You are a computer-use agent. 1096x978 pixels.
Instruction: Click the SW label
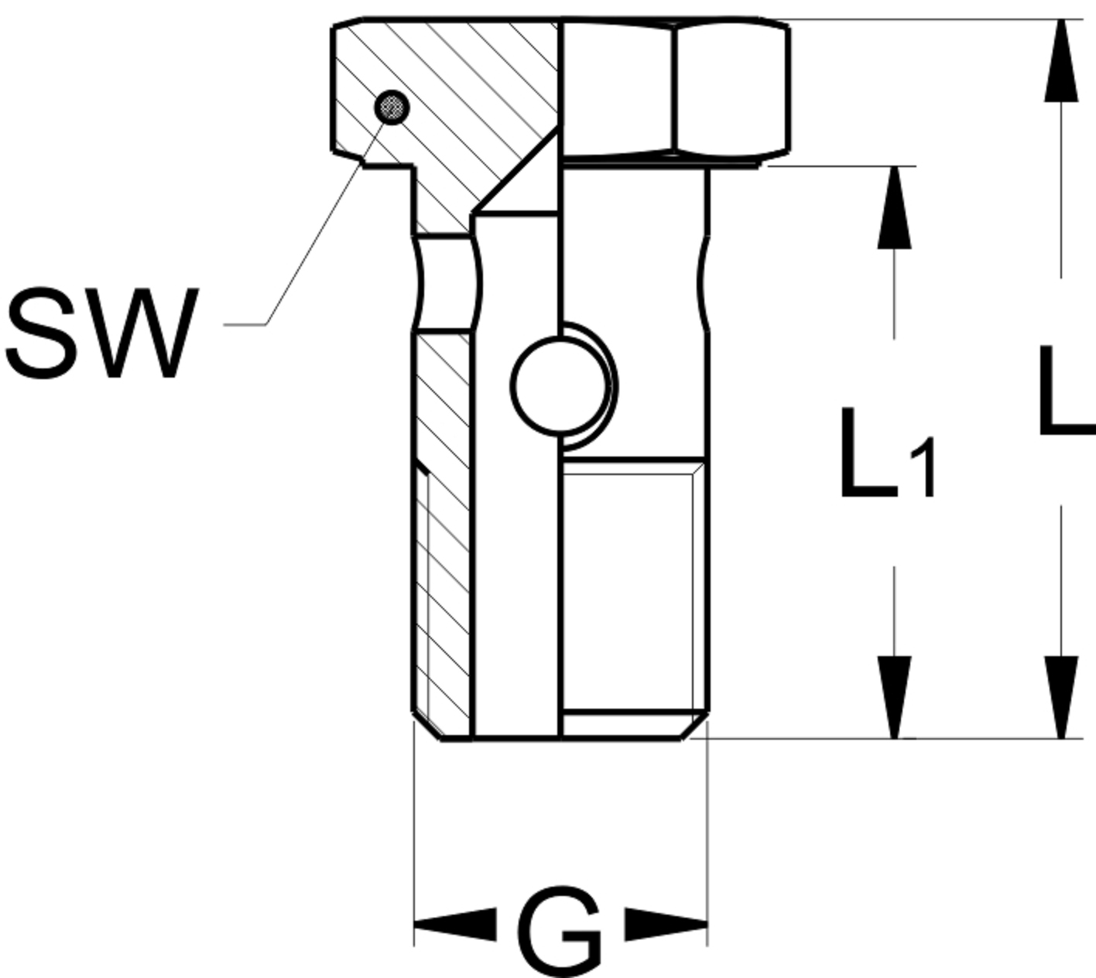[101, 333]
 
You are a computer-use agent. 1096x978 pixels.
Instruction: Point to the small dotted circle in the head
[392, 108]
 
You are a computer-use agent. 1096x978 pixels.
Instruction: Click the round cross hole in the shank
[560, 384]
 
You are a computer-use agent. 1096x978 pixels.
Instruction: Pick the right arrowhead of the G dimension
[666, 924]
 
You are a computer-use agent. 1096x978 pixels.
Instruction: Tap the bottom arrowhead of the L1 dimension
[894, 696]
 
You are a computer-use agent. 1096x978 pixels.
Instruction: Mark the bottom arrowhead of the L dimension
[1060, 696]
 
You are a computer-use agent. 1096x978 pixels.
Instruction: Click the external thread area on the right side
[631, 588]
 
